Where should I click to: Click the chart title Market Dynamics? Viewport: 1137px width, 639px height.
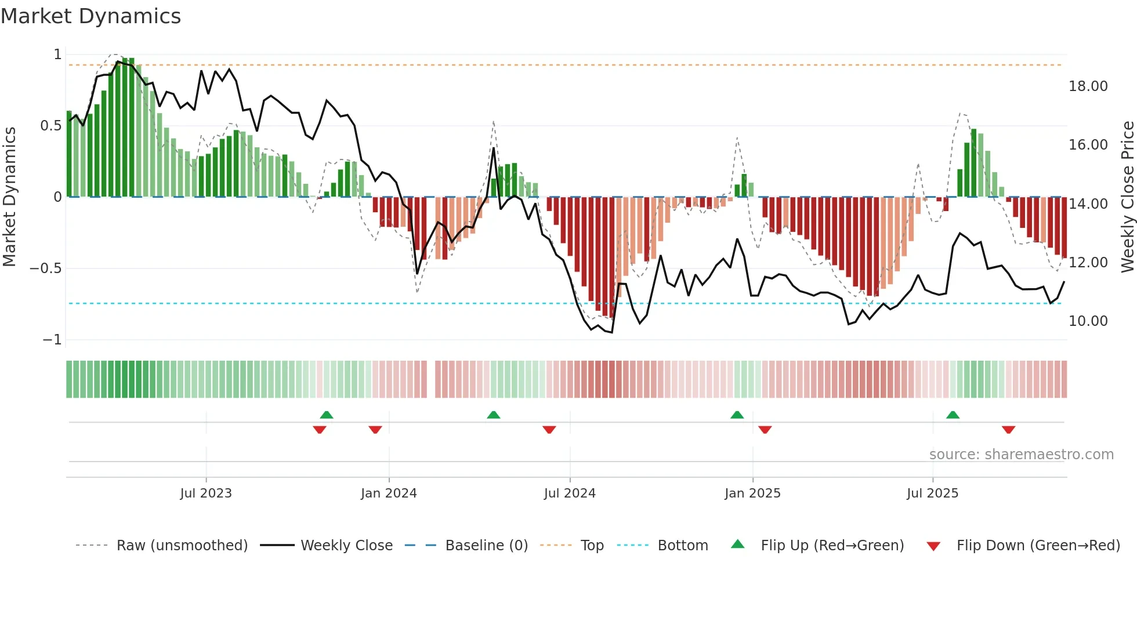click(x=91, y=16)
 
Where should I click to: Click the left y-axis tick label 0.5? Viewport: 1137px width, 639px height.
click(x=50, y=126)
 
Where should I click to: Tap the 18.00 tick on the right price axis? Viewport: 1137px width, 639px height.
click(x=1088, y=86)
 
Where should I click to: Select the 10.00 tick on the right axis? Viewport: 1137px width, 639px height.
click(x=1088, y=321)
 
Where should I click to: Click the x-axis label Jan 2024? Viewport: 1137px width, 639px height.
click(x=389, y=493)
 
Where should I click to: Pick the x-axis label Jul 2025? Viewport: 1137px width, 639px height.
click(x=932, y=493)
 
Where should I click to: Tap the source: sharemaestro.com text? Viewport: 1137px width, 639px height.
click(x=1021, y=455)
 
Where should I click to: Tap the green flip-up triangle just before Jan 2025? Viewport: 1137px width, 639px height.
click(x=737, y=415)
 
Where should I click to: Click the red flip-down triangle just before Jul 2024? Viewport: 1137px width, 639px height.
click(x=549, y=430)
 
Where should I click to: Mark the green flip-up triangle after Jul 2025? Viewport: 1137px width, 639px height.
click(x=953, y=415)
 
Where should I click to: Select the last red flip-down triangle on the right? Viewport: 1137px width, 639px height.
click(x=1008, y=430)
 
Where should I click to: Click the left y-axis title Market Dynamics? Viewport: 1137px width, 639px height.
click(x=9, y=197)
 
